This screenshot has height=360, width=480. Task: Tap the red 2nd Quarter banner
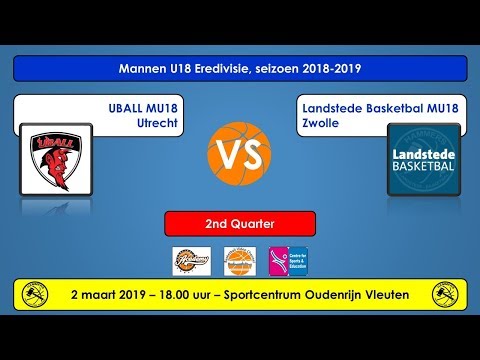pos(240,223)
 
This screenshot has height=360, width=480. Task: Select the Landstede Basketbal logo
pos(424,159)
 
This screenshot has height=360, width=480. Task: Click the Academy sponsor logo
pos(190,261)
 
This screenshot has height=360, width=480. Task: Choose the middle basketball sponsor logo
pos(239,261)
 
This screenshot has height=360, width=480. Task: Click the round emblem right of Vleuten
pos(446,295)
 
